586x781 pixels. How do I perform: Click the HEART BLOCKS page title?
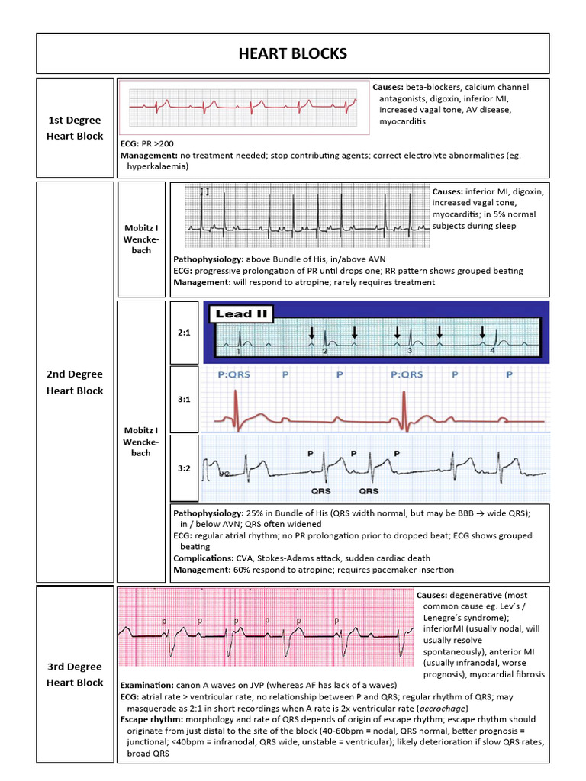coord(293,53)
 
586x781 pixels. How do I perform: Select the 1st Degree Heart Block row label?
coord(75,128)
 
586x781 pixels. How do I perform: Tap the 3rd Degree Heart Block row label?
coord(75,674)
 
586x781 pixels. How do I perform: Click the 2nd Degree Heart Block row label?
coord(75,382)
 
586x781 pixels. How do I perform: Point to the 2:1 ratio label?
coord(182,333)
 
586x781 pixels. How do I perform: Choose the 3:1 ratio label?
coord(182,399)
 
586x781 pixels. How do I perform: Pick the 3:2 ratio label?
coord(182,468)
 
